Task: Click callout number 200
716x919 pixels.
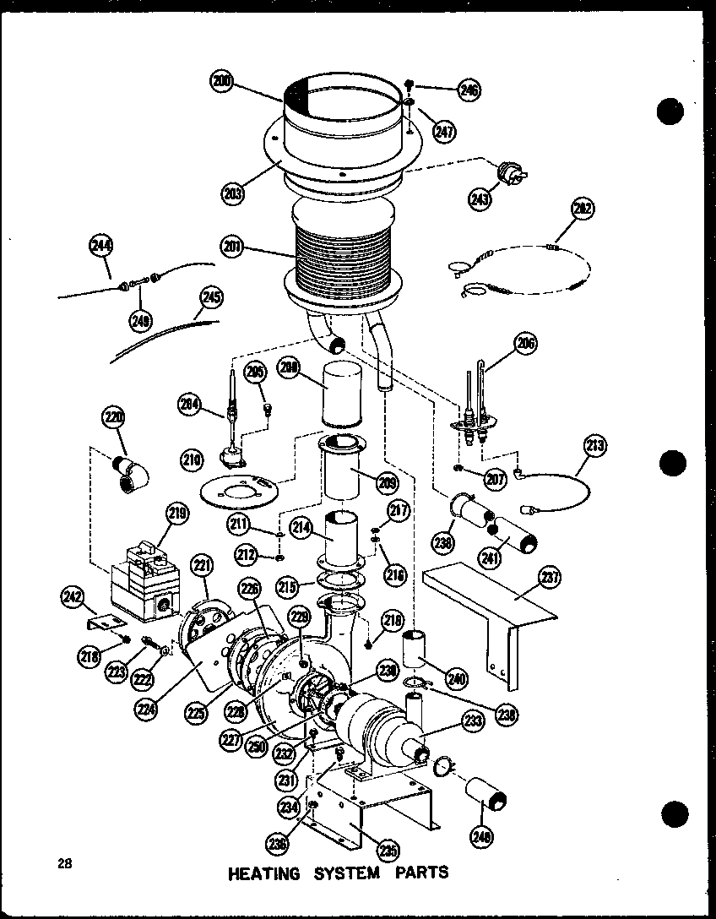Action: tap(221, 82)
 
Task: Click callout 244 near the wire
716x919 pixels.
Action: tap(100, 247)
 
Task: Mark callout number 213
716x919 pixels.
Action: tap(595, 445)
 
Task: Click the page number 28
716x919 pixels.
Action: tap(64, 863)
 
